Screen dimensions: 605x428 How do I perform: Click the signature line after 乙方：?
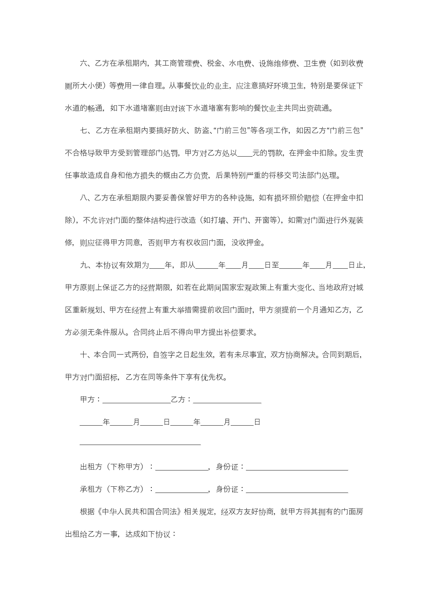coord(227,400)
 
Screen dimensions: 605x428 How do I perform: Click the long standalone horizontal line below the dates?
coord(140,445)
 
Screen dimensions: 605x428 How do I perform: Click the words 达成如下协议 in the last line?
coord(148,534)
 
